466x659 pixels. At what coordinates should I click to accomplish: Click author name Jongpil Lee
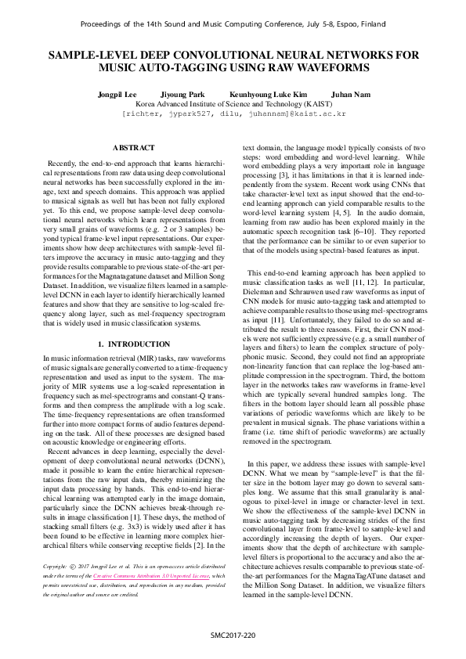click(118, 93)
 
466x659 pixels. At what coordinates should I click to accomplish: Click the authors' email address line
click(233, 113)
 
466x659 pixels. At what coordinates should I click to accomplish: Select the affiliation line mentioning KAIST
click(233, 103)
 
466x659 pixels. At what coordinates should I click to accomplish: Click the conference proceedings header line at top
click(233, 24)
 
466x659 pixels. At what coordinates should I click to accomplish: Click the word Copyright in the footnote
click(54, 588)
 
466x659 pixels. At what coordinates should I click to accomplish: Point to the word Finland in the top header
click(370, 24)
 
